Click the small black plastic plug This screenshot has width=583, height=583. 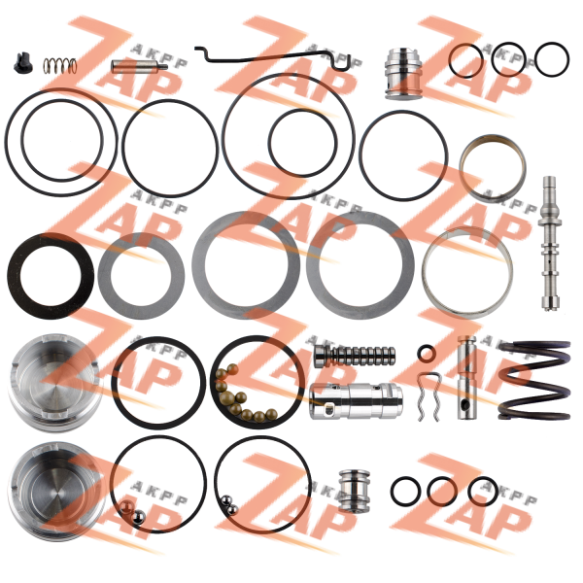[x=23, y=64]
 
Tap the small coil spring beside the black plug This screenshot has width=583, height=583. [x=60, y=66]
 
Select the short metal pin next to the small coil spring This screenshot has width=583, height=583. [x=139, y=66]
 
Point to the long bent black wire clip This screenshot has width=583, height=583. [x=273, y=57]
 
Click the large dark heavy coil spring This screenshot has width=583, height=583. [x=534, y=380]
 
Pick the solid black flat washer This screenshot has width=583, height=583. [x=51, y=275]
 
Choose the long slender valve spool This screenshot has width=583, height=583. [x=551, y=244]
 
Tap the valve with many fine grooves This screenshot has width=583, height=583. [x=355, y=356]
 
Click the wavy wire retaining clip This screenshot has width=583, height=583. [x=429, y=396]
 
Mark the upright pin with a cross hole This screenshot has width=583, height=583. [x=466, y=377]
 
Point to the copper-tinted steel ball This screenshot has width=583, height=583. [x=126, y=507]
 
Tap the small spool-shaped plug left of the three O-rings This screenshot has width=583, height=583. [x=355, y=491]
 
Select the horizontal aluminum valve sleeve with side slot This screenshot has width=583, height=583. [x=356, y=401]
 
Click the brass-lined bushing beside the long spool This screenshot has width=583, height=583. [x=492, y=167]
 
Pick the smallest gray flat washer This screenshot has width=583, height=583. [x=141, y=276]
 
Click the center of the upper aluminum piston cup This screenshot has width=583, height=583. [x=54, y=383]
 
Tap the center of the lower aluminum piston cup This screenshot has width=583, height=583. [x=55, y=492]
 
